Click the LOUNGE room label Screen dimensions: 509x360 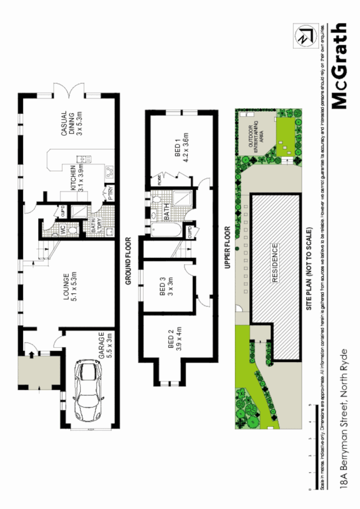(x=69, y=288)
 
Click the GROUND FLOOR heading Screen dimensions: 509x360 (x=129, y=260)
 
